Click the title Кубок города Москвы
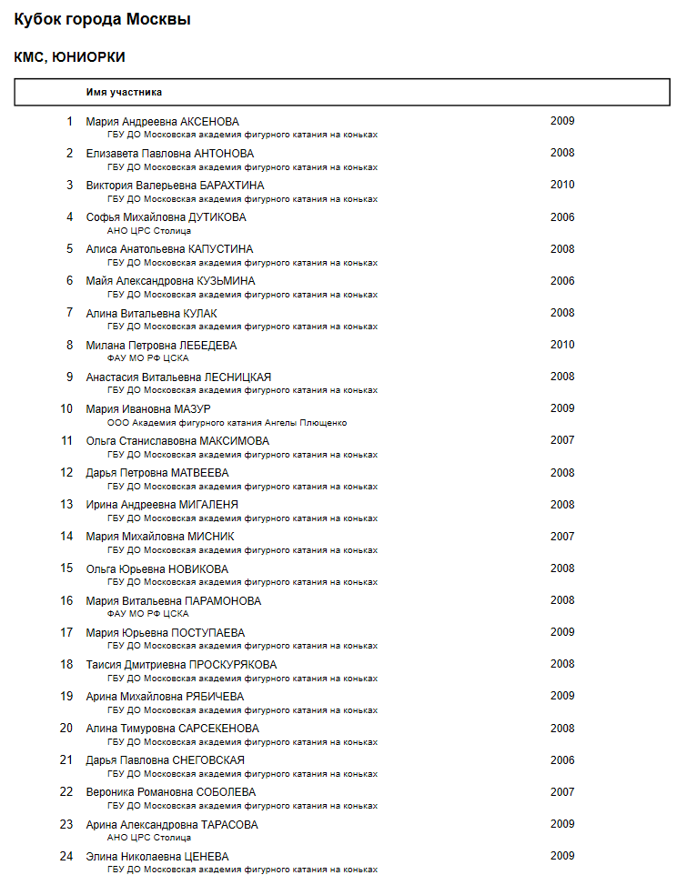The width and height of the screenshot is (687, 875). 102,20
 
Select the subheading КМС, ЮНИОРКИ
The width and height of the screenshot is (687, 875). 69,57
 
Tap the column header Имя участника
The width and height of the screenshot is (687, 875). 124,92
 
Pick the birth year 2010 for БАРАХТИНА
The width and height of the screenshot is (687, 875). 562,185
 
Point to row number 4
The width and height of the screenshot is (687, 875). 69,217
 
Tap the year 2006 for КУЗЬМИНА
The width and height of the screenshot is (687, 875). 562,281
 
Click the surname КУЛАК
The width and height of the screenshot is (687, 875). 200,314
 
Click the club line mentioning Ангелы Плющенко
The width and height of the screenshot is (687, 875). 227,422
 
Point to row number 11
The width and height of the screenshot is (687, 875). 66,441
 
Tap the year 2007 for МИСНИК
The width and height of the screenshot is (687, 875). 562,537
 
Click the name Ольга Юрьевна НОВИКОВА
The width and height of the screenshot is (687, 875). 157,569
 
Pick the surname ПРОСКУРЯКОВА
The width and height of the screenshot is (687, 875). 233,665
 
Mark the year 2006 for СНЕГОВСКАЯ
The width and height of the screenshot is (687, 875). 562,760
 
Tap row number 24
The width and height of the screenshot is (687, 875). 66,857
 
